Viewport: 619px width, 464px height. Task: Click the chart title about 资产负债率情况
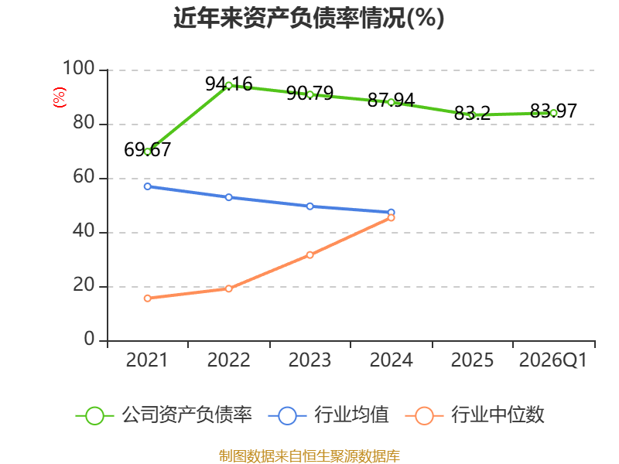tap(309, 18)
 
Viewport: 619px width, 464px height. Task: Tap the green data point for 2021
tap(148, 152)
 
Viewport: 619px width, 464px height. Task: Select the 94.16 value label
tap(228, 84)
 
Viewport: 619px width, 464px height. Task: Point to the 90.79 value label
tap(310, 93)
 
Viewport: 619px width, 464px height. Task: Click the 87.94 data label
tap(391, 101)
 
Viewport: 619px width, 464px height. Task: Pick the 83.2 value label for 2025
tap(472, 113)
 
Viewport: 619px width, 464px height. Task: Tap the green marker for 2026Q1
tap(553, 113)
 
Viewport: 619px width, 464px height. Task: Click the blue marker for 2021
tap(148, 186)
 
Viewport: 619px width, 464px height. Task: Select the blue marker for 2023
tap(310, 206)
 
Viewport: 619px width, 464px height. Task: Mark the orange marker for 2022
tap(228, 288)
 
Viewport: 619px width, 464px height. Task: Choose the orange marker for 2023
tap(310, 255)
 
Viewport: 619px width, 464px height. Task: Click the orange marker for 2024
tap(391, 218)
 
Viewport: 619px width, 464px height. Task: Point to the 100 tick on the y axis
tap(79, 68)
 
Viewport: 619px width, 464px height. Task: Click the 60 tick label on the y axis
tap(84, 177)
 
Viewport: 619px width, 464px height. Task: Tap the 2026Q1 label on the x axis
tap(553, 360)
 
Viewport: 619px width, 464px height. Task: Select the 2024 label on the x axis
tap(391, 360)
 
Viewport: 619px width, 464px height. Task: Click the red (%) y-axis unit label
tap(60, 97)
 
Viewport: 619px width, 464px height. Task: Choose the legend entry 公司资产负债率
tap(164, 415)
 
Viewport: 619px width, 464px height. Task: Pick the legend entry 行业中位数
tap(475, 415)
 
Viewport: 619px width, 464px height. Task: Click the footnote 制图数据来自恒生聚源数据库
tap(309, 456)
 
